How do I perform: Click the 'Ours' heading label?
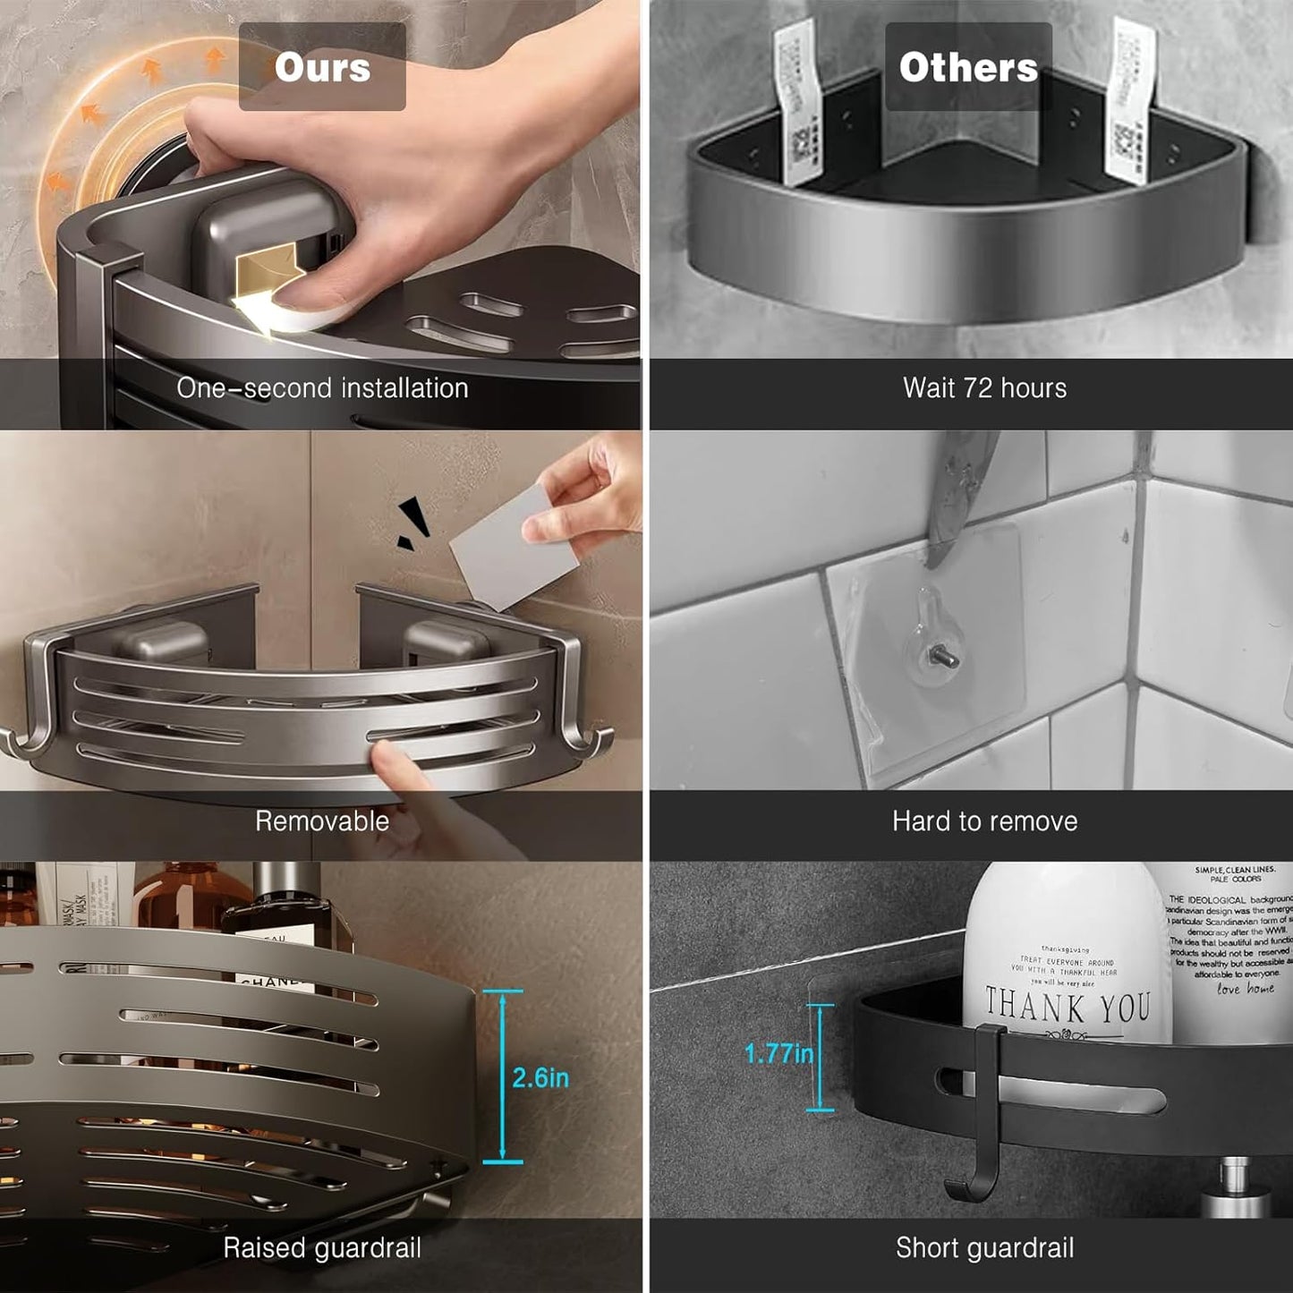322,67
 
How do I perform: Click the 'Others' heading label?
968,67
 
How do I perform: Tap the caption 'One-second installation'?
322,387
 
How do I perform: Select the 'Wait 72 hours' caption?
984,387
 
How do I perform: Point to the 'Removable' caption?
322,821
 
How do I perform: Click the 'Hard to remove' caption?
984,821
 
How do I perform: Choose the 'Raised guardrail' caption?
322,1247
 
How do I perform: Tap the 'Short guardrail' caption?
984,1247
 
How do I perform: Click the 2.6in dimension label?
540,1077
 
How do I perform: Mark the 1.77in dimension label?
778,1054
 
